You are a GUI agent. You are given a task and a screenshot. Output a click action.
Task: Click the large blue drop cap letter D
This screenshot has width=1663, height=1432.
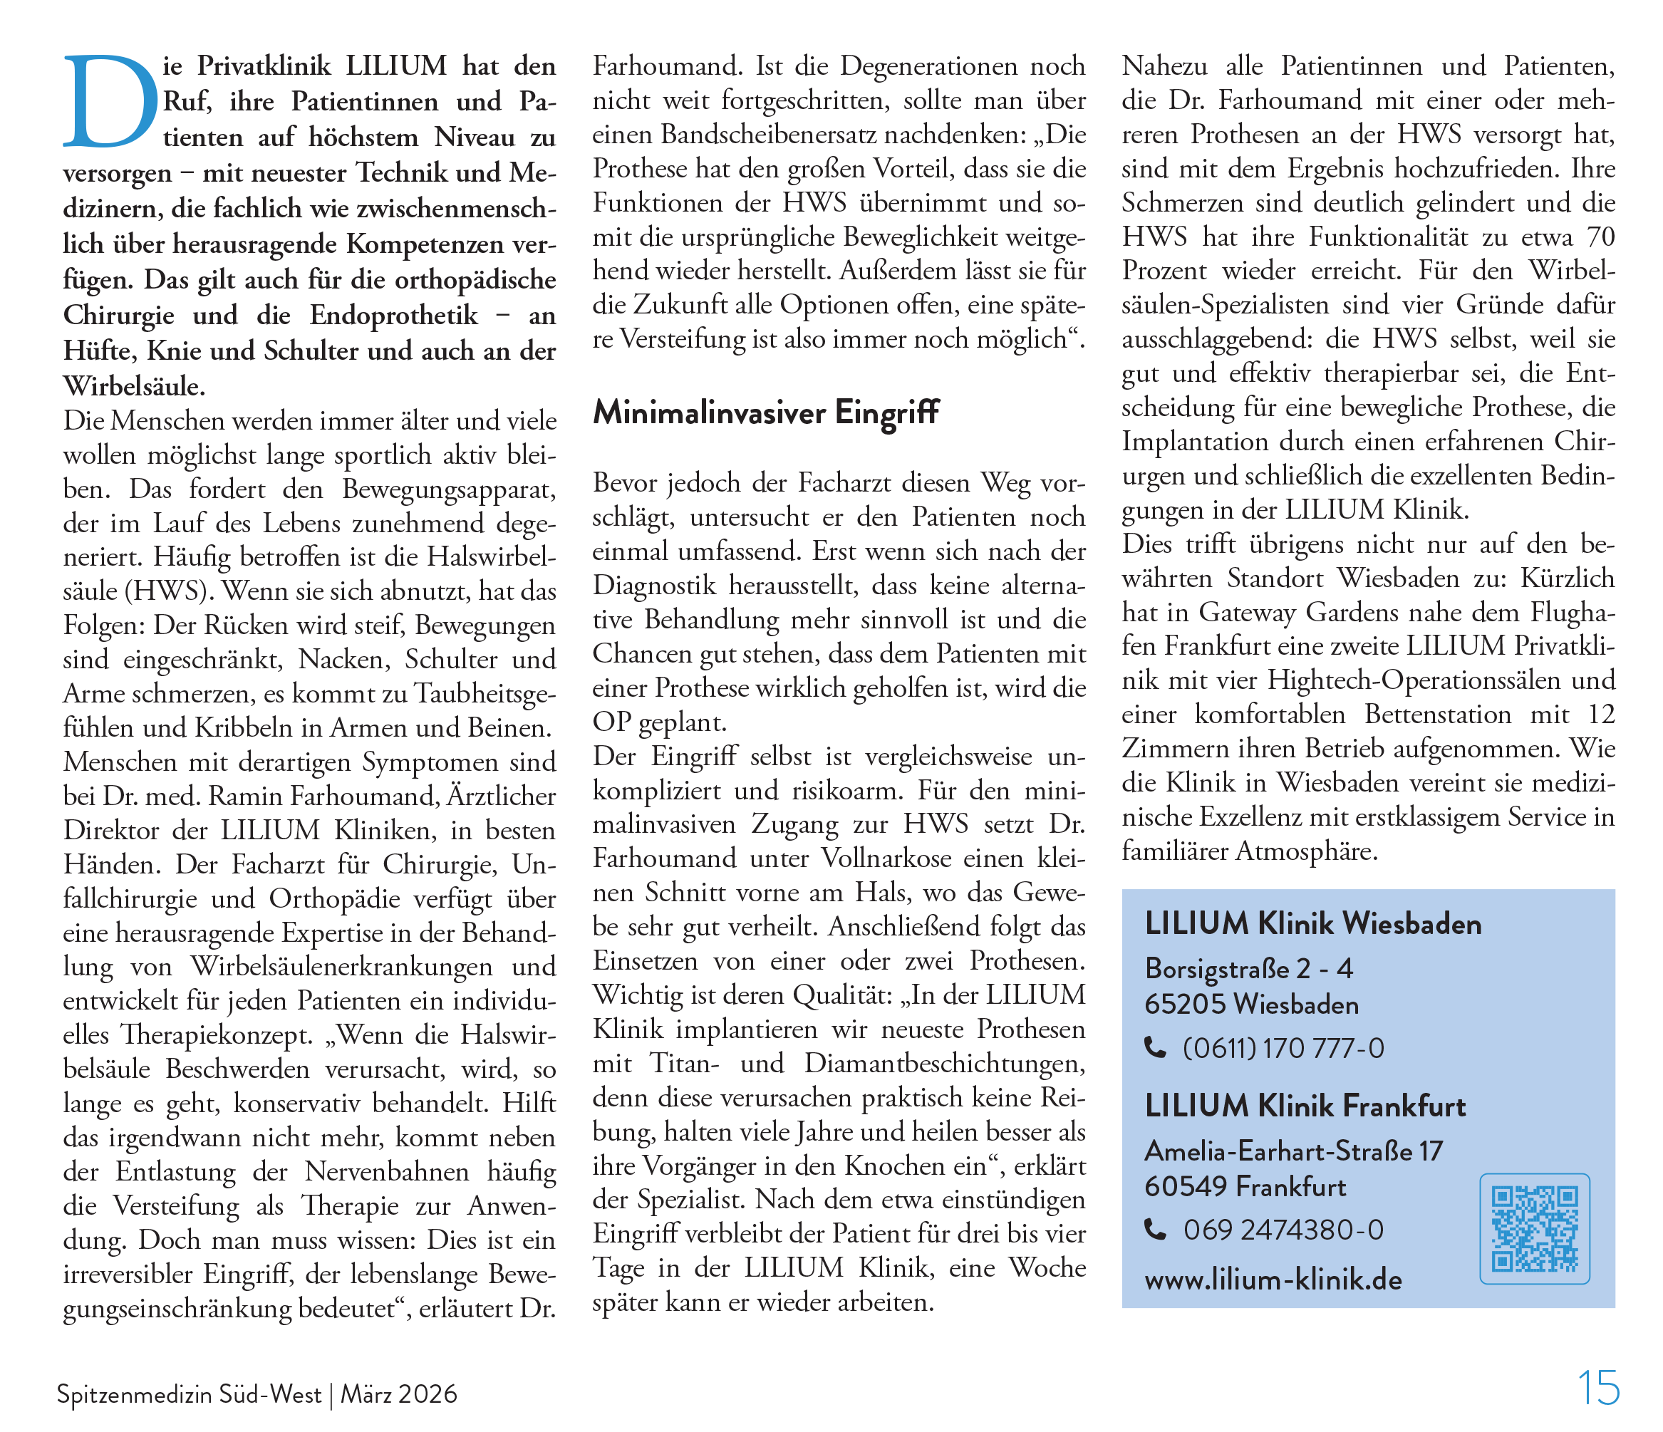pos(110,102)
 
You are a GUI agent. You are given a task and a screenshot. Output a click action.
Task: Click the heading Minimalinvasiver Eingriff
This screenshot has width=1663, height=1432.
pos(766,413)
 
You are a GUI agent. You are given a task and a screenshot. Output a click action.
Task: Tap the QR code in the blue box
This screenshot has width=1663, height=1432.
pos(1534,1228)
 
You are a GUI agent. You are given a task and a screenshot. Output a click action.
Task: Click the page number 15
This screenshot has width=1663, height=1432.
pos(1598,1388)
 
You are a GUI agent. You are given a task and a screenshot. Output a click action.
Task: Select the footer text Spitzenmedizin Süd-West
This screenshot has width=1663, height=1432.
pos(189,1395)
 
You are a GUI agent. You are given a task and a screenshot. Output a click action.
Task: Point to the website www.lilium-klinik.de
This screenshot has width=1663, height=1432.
pos(1273,1280)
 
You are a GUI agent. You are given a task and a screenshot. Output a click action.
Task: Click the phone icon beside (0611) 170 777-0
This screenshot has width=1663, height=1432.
pos(1155,1047)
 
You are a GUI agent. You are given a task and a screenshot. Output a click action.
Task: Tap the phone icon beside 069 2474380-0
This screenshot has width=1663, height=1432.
pos(1155,1229)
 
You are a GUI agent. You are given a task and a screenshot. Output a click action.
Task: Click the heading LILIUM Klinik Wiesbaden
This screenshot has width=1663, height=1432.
pos(1313,924)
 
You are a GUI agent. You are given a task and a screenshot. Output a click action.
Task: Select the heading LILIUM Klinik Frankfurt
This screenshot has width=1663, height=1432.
pos(1305,1106)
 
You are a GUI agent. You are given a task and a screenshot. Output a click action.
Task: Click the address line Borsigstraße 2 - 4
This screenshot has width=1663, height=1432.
pos(1249,969)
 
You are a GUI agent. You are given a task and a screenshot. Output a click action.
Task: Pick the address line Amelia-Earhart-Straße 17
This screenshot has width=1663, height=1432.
pos(1293,1151)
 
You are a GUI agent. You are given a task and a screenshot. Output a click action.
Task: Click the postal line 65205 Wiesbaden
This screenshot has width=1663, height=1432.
pos(1251,1004)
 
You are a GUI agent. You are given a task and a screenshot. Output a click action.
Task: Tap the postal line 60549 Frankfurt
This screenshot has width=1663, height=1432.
pos(1245,1186)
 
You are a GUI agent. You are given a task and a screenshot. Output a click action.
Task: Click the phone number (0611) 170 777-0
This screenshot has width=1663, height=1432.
pos(1283,1048)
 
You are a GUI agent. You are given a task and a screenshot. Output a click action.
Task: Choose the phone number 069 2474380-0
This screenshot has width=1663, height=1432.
pos(1283,1230)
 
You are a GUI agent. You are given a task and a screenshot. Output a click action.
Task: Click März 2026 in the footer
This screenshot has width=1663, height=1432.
pos(399,1395)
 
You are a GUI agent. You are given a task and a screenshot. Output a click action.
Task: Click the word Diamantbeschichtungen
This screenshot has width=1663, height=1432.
pos(945,1064)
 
